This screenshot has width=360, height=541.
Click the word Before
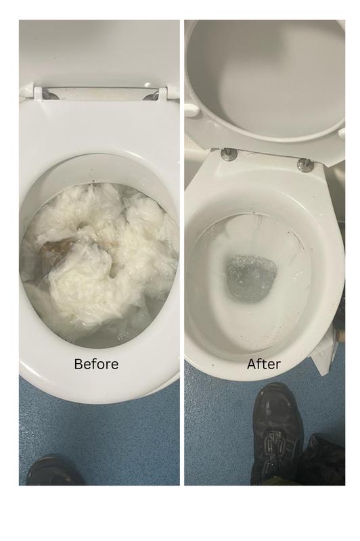pyautogui.click(x=96, y=364)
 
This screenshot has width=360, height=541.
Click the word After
pyautogui.click(x=264, y=364)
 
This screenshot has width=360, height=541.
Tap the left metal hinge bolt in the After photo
pyautogui.click(x=229, y=154)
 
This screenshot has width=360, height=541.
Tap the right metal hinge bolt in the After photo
pyautogui.click(x=305, y=164)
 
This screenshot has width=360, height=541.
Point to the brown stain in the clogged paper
pyautogui.click(x=55, y=250)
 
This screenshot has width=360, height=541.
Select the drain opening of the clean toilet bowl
pyautogui.click(x=252, y=278)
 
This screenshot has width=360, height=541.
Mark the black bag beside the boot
pyautogui.click(x=323, y=460)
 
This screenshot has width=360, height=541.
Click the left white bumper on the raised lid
pyautogui.click(x=191, y=110)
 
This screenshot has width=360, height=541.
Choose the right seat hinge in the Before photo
pyautogui.click(x=161, y=93)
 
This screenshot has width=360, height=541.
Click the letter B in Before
pyautogui.click(x=78, y=364)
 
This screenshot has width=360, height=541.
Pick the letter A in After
pyautogui.click(x=252, y=364)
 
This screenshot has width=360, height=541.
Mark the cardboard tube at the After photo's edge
pyautogui.click(x=338, y=334)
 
